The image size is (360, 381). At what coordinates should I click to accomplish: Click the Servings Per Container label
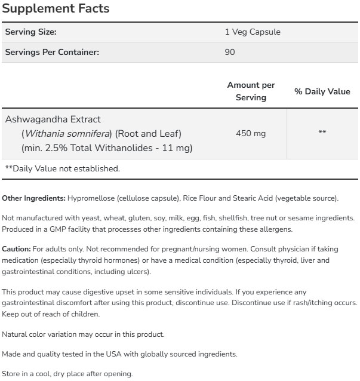[52, 52]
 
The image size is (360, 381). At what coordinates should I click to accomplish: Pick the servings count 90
[230, 52]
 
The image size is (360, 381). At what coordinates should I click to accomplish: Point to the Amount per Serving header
[251, 91]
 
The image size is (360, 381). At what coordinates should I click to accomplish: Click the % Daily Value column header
[322, 91]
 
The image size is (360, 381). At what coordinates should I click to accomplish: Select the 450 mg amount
[251, 133]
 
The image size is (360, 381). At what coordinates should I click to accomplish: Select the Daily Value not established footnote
[63, 168]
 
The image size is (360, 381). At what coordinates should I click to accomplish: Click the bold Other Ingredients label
[33, 198]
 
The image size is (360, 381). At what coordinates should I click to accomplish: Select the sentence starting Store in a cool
[67, 374]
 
